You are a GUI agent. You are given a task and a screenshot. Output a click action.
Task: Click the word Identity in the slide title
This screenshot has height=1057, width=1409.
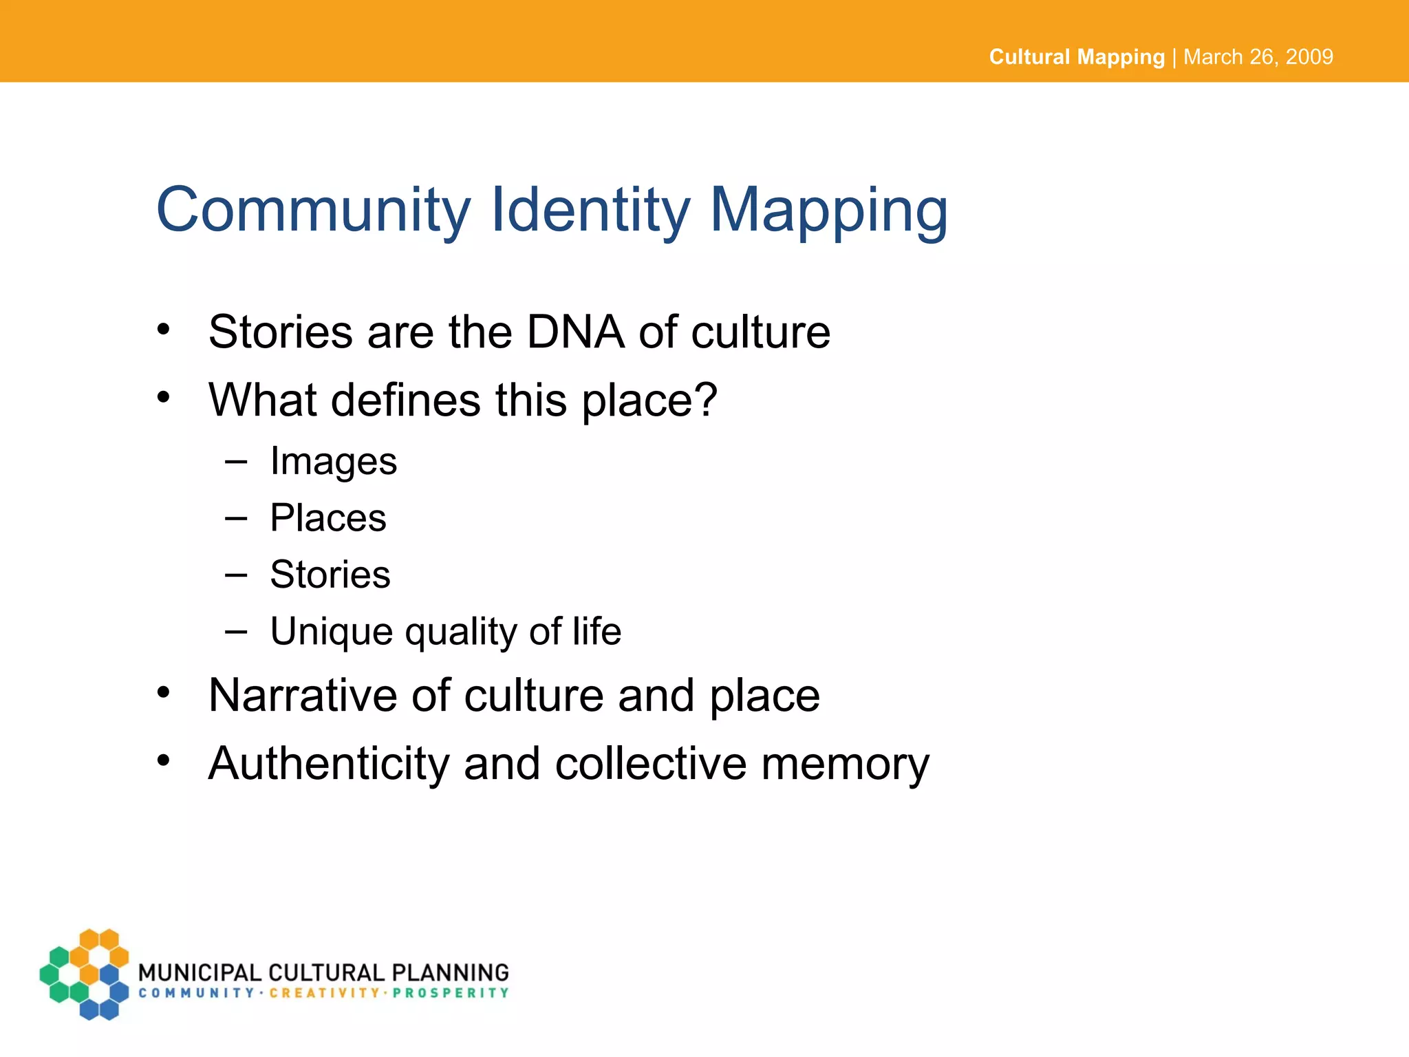pos(590,210)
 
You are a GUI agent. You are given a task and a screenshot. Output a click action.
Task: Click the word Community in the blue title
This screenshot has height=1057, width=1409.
pos(314,210)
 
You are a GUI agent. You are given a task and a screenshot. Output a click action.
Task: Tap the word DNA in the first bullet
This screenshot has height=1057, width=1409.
pos(575,332)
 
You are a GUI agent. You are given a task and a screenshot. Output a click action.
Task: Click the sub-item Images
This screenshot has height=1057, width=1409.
pos(334,461)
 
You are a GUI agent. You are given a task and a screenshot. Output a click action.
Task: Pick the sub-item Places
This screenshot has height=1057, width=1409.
pos(328,518)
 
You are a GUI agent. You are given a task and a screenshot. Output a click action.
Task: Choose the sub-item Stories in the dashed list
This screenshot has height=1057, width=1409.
pos(330,575)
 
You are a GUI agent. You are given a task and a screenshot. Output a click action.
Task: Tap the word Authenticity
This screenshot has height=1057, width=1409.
pos(329,764)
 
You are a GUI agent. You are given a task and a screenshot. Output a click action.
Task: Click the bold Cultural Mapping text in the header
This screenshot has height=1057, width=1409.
pos(1077,56)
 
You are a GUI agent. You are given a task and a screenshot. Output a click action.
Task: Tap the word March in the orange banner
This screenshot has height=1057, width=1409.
pos(1214,56)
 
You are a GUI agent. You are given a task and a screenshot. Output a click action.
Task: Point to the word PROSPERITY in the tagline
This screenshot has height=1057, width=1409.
pos(451,993)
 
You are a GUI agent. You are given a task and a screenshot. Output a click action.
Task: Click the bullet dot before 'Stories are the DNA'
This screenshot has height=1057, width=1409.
pos(163,330)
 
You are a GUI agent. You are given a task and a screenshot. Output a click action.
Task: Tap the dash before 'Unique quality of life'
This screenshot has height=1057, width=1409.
pos(235,631)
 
